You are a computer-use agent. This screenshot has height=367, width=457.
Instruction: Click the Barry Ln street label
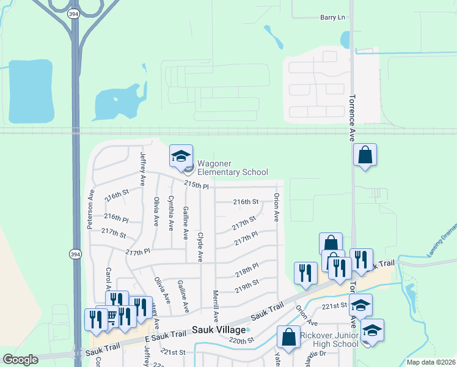pos(332,18)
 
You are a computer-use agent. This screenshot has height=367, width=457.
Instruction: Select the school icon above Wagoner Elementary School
pos(181,157)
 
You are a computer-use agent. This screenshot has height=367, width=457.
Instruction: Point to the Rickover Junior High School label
pos(330,340)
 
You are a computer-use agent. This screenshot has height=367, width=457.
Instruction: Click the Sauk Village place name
pos(218,330)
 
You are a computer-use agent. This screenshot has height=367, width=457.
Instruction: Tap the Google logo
pos(20,360)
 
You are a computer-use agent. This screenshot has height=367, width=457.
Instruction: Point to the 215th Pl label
pos(197,185)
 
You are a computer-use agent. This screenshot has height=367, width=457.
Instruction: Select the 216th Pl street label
pos(116,217)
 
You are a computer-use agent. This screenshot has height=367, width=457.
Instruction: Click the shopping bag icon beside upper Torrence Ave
pos(365,155)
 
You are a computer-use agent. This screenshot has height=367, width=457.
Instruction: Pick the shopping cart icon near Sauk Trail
pos(111,316)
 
